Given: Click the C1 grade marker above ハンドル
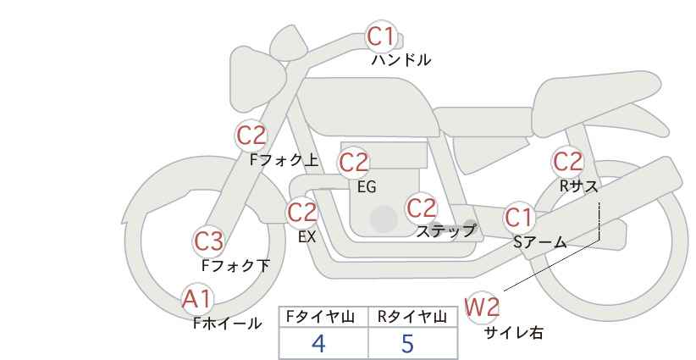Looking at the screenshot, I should [x=381, y=36].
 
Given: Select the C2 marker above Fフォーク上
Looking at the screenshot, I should [x=251, y=135].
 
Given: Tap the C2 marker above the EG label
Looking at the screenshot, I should [x=354, y=162].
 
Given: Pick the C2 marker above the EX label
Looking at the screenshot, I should [x=302, y=212].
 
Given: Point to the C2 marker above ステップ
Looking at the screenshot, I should [x=421, y=208].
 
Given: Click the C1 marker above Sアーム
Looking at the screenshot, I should [x=520, y=217].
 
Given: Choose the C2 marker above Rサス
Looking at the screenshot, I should [x=567, y=160].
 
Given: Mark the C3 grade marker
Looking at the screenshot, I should [x=208, y=241].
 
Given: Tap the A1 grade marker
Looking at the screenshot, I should [x=198, y=298].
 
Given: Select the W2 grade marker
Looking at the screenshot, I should [x=483, y=307].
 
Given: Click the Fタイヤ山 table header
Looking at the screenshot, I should [x=323, y=317].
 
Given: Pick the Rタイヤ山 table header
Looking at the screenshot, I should [x=412, y=317].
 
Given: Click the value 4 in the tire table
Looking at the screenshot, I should [x=318, y=343].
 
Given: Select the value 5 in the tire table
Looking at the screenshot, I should [x=408, y=343].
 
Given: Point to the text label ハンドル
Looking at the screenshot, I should [x=401, y=60].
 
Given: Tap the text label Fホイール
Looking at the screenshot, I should [x=227, y=323].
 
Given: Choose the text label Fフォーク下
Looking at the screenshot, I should [x=235, y=265].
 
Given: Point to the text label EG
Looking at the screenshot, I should [x=367, y=187].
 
